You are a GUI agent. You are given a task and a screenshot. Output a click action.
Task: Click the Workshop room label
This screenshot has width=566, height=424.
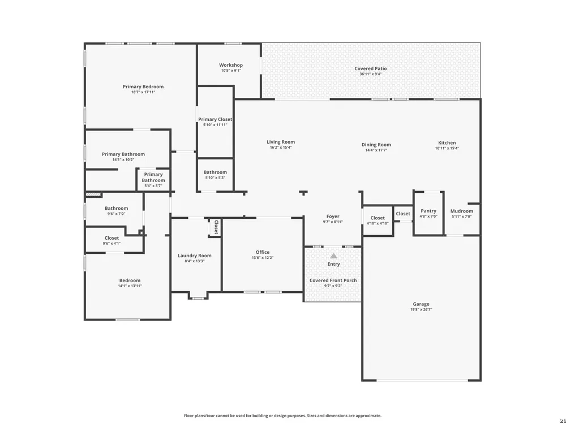(x=231, y=65)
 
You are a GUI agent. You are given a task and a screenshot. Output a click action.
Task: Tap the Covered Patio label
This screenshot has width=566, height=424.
(x=370, y=68)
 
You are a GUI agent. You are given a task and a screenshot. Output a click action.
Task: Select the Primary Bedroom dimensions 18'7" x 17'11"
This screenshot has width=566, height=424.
(x=143, y=92)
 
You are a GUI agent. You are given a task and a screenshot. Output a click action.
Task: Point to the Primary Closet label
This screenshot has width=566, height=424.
(x=215, y=119)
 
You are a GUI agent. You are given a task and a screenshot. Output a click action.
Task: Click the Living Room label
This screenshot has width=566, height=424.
(x=281, y=142)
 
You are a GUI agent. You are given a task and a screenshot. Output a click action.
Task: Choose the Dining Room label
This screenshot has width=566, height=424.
(x=376, y=145)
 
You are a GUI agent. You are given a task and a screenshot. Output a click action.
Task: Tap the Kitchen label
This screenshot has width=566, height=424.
(x=447, y=143)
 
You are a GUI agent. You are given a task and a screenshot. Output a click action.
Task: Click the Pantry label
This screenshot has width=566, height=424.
(x=428, y=211)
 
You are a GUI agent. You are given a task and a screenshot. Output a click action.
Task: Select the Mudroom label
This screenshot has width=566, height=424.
(x=462, y=211)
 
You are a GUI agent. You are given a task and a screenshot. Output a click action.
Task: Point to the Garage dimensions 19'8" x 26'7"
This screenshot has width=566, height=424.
(x=421, y=309)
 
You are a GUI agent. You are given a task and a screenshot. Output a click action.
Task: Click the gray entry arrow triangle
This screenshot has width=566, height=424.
(x=333, y=256)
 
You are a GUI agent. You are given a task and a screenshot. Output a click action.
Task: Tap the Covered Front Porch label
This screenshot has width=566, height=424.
(x=333, y=280)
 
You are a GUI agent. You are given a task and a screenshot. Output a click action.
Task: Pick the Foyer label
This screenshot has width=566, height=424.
(x=333, y=217)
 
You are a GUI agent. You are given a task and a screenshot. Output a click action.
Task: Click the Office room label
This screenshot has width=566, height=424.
(x=263, y=252)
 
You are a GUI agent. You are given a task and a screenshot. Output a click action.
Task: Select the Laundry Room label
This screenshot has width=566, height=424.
(x=195, y=256)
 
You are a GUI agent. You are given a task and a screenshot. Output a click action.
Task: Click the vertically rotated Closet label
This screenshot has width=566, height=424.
(x=216, y=227)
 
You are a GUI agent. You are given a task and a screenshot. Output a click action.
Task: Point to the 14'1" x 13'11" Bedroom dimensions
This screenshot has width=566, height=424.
(x=130, y=286)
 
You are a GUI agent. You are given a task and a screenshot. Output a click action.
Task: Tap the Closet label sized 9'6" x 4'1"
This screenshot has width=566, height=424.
(x=112, y=238)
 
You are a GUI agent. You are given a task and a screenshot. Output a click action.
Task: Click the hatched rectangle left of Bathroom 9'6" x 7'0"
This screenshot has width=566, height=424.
(x=93, y=194)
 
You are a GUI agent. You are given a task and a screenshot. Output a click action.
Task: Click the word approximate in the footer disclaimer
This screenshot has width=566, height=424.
(x=369, y=416)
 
